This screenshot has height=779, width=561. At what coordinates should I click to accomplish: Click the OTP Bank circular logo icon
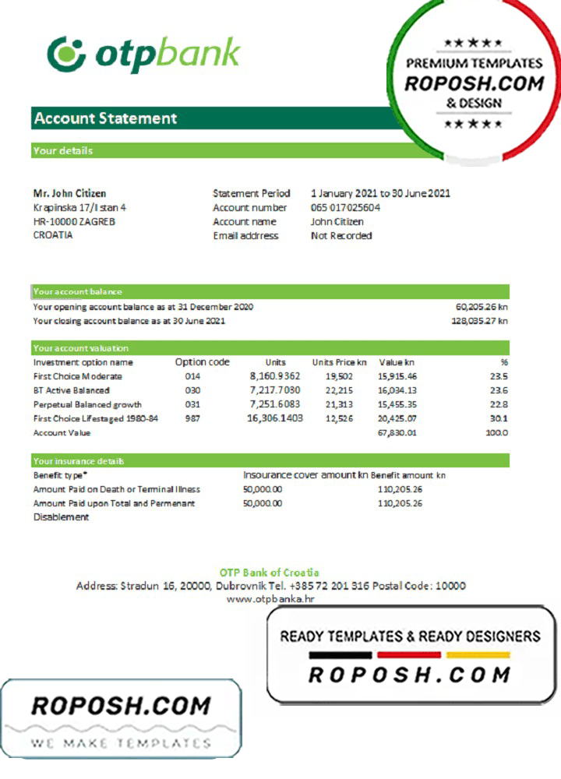point(65,53)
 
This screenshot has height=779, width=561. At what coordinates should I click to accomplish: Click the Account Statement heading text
point(105,118)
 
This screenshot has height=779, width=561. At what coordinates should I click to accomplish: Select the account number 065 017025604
point(345,207)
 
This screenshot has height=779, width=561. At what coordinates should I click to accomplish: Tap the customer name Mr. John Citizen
point(69,193)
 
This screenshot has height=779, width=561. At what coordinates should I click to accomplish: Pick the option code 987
point(192,418)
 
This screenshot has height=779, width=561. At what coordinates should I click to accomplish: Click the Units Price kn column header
point(339,362)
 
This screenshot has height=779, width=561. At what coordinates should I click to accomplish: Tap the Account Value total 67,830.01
point(397,432)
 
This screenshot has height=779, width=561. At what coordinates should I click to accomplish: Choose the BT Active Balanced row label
point(72,390)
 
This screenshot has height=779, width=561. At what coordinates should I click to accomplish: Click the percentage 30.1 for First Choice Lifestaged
point(499,418)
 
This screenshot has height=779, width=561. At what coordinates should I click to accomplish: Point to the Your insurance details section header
point(79,461)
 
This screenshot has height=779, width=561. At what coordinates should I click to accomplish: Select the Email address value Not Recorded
point(341,235)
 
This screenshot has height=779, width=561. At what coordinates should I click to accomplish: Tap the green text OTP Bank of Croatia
point(270,573)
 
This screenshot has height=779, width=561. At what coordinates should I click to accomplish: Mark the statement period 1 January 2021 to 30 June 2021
point(380,193)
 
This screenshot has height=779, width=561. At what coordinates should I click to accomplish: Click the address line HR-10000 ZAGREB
point(74,221)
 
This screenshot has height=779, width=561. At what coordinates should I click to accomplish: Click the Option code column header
point(202,362)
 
